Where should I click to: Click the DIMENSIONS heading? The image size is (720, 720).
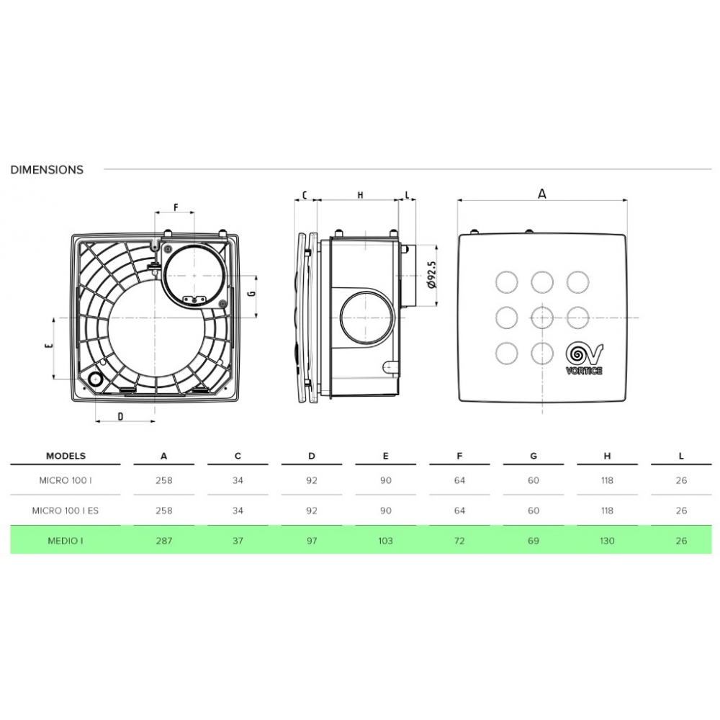tap(47, 170)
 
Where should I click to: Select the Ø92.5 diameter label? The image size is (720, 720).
tap(432, 274)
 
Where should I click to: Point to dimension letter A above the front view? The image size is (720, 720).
tap(542, 194)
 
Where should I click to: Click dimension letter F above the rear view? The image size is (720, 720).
tap(176, 207)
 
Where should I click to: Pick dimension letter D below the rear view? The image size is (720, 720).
tap(121, 416)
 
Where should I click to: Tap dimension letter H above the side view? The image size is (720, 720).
tap(361, 195)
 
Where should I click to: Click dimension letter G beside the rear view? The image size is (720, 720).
tap(251, 293)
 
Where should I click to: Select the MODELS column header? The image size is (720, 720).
tap(66, 456)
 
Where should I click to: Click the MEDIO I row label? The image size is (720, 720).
tap(66, 541)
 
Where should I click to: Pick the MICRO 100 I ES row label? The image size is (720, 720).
tap(66, 510)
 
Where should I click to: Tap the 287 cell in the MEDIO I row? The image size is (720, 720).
tap(164, 541)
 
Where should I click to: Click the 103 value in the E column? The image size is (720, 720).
tap(385, 541)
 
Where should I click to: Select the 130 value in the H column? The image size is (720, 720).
tap(607, 541)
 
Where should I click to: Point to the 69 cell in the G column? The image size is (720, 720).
tap(533, 541)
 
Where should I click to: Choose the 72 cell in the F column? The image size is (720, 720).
tap(459, 541)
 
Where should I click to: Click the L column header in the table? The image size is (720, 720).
tap(681, 456)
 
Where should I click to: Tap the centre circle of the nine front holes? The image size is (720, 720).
tap(542, 318)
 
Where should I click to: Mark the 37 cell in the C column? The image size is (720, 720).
tap(238, 541)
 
